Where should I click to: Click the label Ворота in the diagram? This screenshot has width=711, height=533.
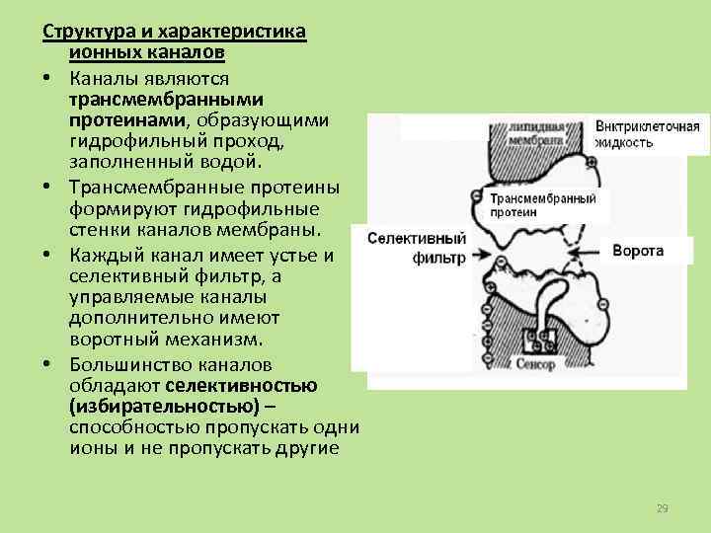point(638,251)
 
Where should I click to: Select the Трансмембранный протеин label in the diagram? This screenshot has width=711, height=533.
point(542,205)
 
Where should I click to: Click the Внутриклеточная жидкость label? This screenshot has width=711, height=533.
point(647,134)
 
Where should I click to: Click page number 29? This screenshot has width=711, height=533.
point(663,508)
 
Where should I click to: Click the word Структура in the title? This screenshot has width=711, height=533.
point(80,32)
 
